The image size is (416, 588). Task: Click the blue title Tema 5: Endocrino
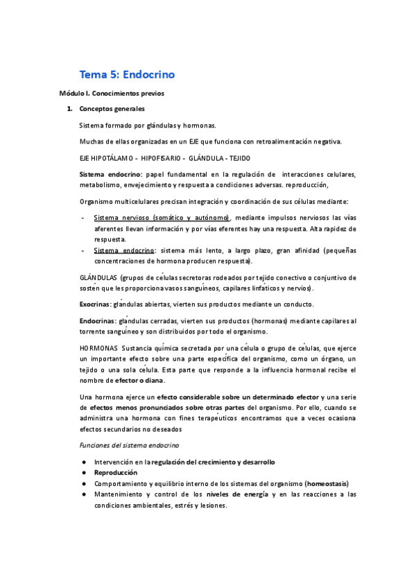[127, 74]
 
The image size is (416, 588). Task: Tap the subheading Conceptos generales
[112, 109]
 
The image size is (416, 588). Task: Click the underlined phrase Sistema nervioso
[119, 218]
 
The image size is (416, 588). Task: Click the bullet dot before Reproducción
[83, 472]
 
